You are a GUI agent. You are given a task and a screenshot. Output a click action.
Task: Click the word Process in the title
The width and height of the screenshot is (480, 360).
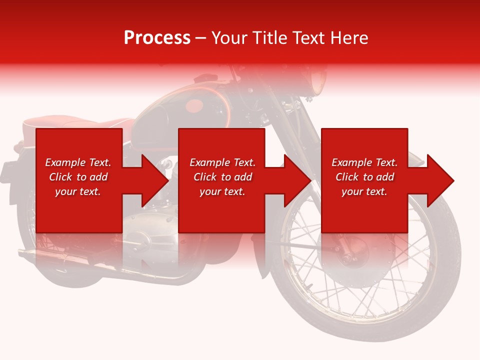point(157,38)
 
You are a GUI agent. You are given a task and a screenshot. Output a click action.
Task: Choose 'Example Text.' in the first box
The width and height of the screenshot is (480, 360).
point(78,162)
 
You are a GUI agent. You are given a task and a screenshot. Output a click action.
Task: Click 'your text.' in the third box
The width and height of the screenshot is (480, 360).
point(364,191)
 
